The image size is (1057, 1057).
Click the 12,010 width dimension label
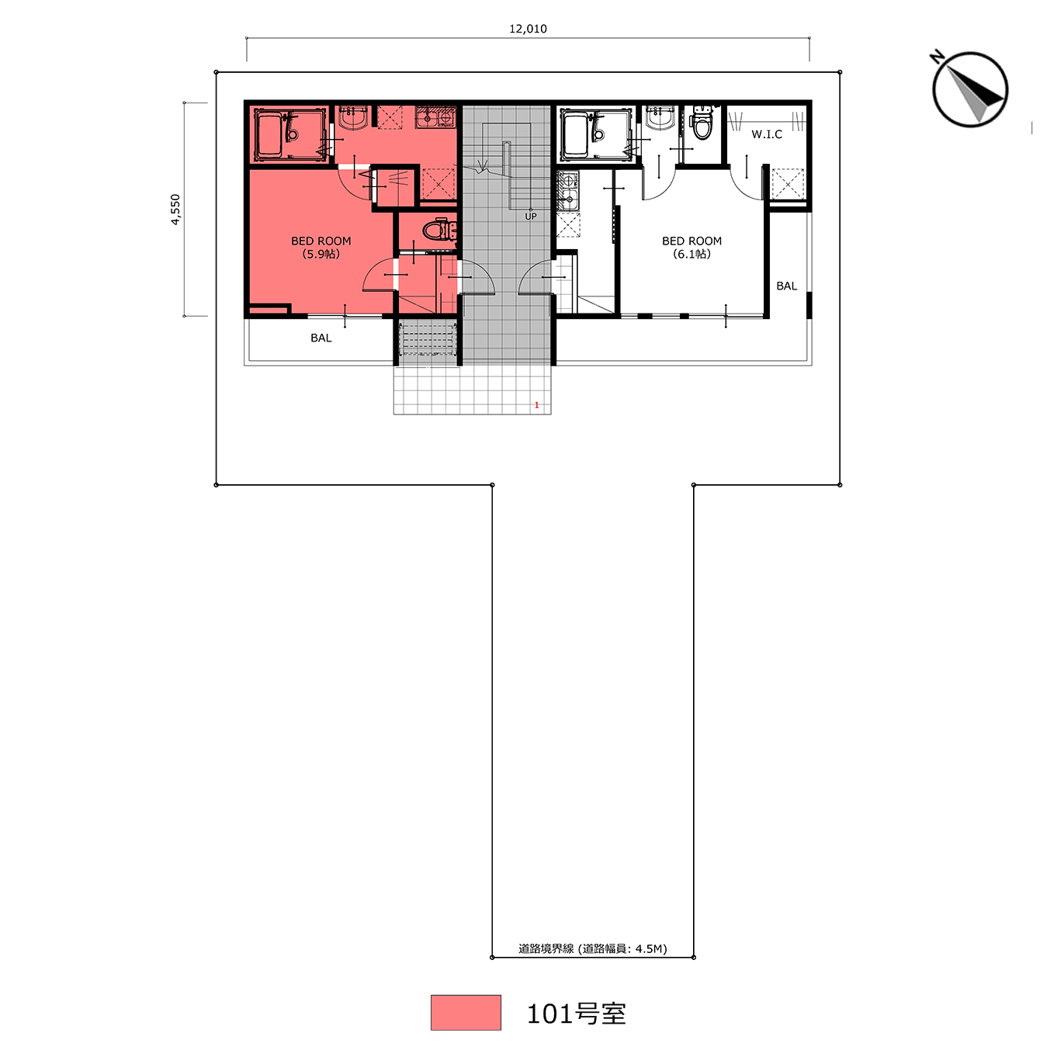click(x=528, y=29)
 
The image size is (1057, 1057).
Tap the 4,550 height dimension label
click(x=175, y=210)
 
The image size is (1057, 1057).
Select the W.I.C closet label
click(x=766, y=134)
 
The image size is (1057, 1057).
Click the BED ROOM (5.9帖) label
click(x=321, y=248)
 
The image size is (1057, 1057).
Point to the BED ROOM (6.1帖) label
click(x=691, y=248)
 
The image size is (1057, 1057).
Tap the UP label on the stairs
click(x=530, y=217)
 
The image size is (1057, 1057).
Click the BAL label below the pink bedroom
click(x=321, y=338)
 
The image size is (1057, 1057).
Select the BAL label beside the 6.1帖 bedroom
click(x=787, y=286)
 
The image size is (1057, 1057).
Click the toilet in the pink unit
click(x=438, y=230)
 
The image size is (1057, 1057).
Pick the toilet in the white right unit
click(x=701, y=123)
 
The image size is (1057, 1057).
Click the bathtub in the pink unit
click(x=270, y=134)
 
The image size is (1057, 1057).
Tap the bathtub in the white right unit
click(x=577, y=134)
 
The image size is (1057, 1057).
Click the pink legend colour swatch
click(x=466, y=1013)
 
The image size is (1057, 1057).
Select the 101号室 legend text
click(x=576, y=1014)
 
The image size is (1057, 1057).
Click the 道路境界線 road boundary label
click(x=546, y=949)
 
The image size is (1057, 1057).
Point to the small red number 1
click(x=536, y=405)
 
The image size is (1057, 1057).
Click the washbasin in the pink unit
click(x=352, y=117)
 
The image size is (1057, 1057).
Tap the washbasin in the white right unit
click(x=660, y=117)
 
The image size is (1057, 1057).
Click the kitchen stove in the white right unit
click(x=568, y=181)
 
